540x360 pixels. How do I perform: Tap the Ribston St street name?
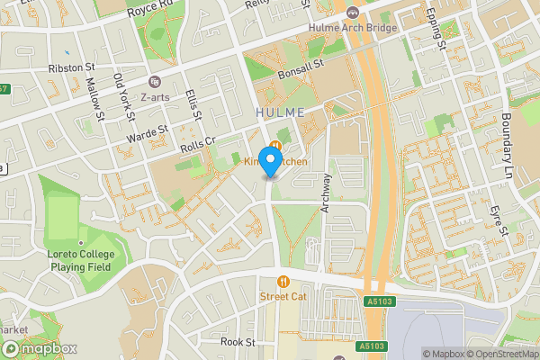coord(71,67)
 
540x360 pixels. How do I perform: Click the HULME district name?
coord(280,112)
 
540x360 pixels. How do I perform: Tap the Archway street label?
coord(326,192)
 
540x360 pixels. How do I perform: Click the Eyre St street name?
coord(497,220)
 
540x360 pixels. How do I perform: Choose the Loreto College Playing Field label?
coord(80,261)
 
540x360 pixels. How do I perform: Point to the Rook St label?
coord(238,342)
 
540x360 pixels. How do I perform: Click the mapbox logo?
coord(39,348)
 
